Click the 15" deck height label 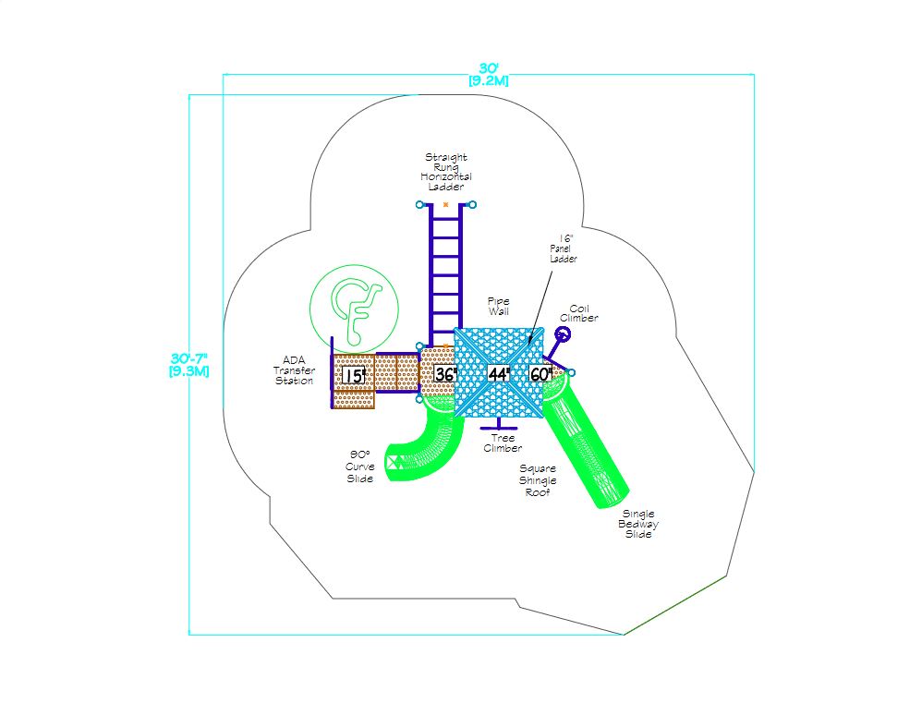354,375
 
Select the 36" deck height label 445,374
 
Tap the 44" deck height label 499,374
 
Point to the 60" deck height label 541,374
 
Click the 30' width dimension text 489,75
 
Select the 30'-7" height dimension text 188,365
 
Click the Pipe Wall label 499,307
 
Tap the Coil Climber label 579,313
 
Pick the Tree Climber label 503,442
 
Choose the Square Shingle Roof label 538,480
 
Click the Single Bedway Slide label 638,524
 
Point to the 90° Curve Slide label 360,467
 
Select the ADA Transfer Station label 294,370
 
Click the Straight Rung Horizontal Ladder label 446,172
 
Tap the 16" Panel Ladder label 564,248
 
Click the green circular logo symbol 355,309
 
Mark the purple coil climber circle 564,334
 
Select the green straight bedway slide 585,441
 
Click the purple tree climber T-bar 499,425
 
